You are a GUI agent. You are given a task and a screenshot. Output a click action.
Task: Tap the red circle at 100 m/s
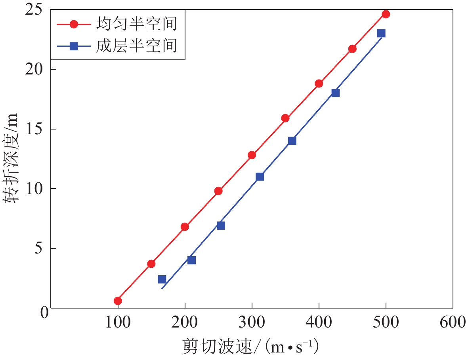tap(118, 301)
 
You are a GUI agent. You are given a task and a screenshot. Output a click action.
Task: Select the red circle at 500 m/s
tap(386, 14)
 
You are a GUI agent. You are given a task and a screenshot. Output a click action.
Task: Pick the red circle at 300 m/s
tap(252, 155)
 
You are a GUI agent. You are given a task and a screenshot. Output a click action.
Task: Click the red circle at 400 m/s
tap(319, 84)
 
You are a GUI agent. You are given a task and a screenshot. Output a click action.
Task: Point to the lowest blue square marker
tap(162, 279)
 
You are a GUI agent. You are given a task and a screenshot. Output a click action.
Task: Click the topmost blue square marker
tap(381, 33)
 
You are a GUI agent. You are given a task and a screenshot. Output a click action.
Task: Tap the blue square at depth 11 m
tap(260, 177)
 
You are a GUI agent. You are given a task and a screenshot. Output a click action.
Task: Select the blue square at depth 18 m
tap(335, 93)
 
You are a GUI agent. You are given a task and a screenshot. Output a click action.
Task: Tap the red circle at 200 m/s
tap(185, 227)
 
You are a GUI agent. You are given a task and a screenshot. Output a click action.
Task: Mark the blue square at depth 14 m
tap(292, 141)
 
